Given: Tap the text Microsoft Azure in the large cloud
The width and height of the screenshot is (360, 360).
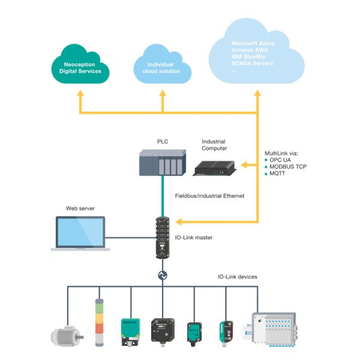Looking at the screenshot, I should tap(253, 44).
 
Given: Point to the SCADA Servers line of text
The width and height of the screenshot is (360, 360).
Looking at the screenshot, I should tap(252, 63).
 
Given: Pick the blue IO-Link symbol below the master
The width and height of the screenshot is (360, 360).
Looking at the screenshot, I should tap(162, 275).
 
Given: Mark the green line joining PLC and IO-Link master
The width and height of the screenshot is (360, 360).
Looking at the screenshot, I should tap(162, 198).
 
